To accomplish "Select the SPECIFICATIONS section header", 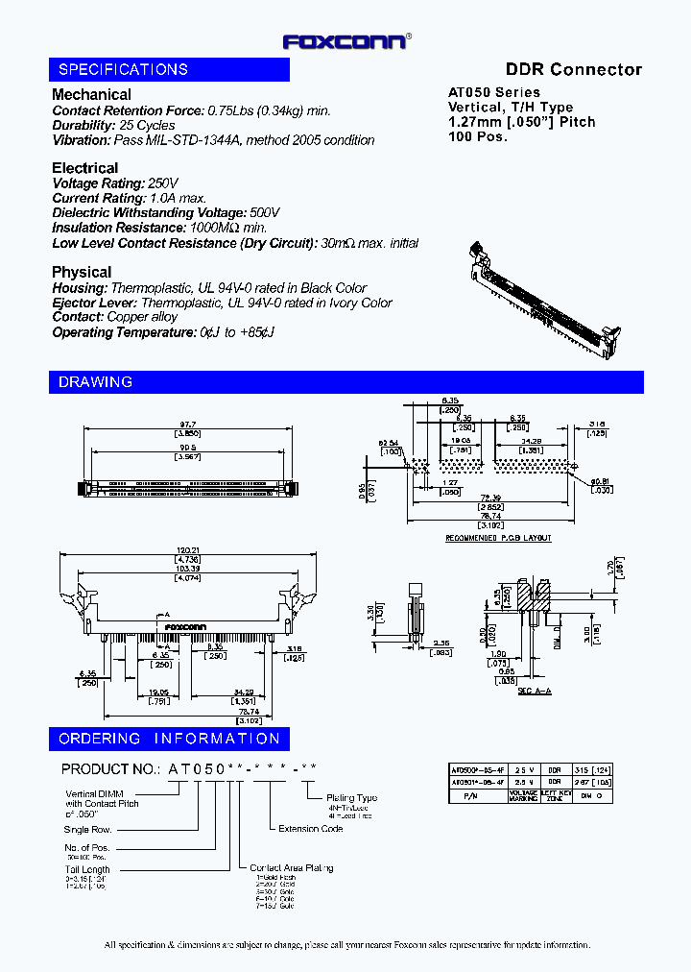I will pos(123,69).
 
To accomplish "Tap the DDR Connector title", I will pos(573,69).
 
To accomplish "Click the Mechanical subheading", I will pos(91,94).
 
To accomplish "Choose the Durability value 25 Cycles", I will pos(147,125).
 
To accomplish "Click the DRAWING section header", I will pos(95,382).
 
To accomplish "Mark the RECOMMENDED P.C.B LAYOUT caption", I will pos(498,538).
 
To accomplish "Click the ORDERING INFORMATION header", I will pos(169,739).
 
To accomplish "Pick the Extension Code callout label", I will pos(311,828).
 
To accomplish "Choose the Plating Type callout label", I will pos(352,797).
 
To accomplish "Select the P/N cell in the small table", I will pos(468,795).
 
